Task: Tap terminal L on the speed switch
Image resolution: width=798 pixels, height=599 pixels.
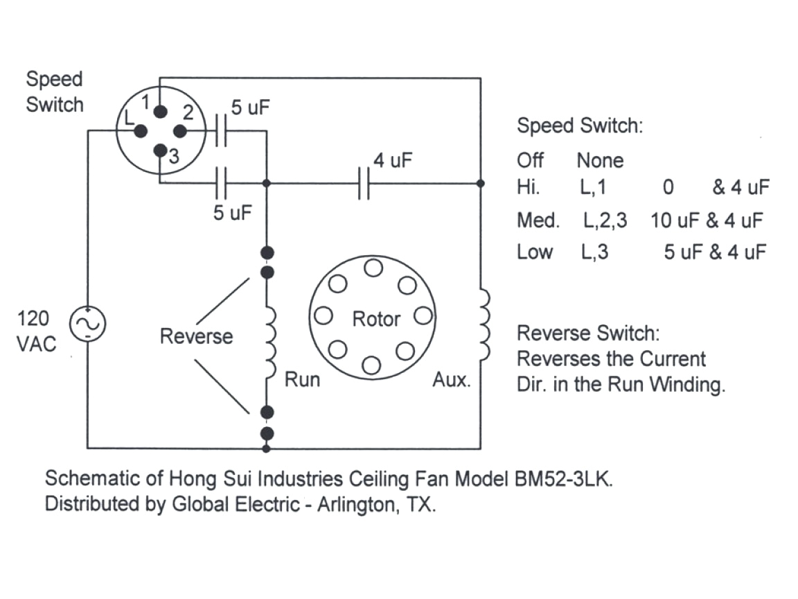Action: click(x=139, y=131)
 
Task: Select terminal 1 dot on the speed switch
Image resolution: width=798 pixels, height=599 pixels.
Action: click(x=160, y=112)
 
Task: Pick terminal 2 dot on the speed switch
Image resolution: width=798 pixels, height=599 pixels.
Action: click(x=180, y=131)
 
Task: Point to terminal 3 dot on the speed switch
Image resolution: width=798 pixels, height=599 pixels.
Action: click(x=160, y=150)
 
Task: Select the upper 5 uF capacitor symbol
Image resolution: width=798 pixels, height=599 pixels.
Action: click(x=221, y=131)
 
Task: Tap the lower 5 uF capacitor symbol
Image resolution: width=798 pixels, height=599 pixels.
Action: click(x=221, y=184)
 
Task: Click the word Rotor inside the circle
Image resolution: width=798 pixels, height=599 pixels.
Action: click(x=376, y=320)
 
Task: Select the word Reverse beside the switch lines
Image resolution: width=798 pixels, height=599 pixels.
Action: click(x=197, y=337)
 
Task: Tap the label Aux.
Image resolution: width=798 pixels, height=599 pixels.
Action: click(x=452, y=380)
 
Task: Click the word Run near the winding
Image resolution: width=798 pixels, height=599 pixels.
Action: click(x=303, y=380)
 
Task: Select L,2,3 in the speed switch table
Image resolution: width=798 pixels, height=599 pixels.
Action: click(x=605, y=221)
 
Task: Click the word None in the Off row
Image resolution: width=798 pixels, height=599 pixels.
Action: click(x=600, y=161)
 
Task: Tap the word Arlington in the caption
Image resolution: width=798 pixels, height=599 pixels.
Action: click(x=356, y=504)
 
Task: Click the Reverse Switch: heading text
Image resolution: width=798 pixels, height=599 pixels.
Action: click(x=589, y=333)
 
